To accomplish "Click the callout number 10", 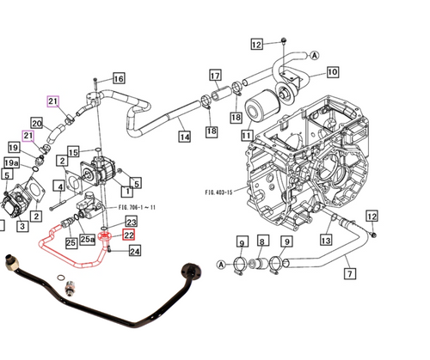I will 332,72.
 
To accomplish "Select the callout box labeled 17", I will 215,75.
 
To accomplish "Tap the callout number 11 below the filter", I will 248,135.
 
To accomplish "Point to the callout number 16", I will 118,79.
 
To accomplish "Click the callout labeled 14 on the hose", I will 184,136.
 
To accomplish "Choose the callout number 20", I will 37,123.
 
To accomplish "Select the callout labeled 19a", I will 11,162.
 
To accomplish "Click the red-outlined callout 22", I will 129,235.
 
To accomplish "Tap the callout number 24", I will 135,251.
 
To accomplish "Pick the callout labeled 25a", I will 88,240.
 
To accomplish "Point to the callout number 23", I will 132,222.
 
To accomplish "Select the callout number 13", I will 325,241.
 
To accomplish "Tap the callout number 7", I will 350,275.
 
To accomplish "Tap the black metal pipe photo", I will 103,292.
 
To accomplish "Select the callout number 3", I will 21,226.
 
